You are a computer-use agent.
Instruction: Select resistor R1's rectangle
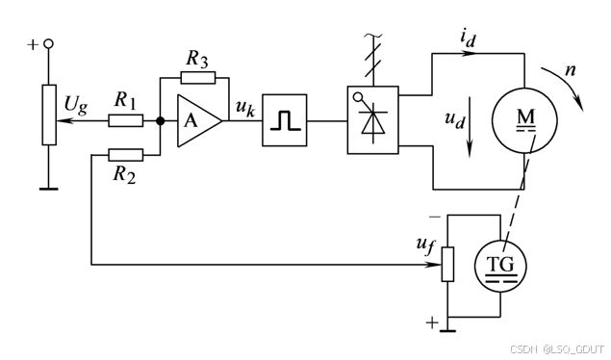(x=125, y=120)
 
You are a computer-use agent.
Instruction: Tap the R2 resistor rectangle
(x=125, y=155)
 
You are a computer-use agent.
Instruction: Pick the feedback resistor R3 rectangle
(x=198, y=78)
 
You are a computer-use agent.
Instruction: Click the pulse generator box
(x=285, y=120)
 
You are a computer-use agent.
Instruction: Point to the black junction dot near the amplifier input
(x=160, y=120)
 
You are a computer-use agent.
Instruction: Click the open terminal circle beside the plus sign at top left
(x=49, y=44)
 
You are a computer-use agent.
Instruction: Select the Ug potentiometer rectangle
(x=49, y=115)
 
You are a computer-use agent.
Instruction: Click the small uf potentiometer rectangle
(x=447, y=264)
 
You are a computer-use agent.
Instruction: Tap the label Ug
(x=76, y=105)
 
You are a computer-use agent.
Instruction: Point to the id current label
(x=468, y=39)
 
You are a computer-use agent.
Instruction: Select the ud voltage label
(x=455, y=119)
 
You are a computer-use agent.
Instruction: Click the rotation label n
(x=570, y=70)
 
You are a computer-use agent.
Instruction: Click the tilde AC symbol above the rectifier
(x=373, y=36)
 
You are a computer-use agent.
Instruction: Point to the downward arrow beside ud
(x=470, y=127)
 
